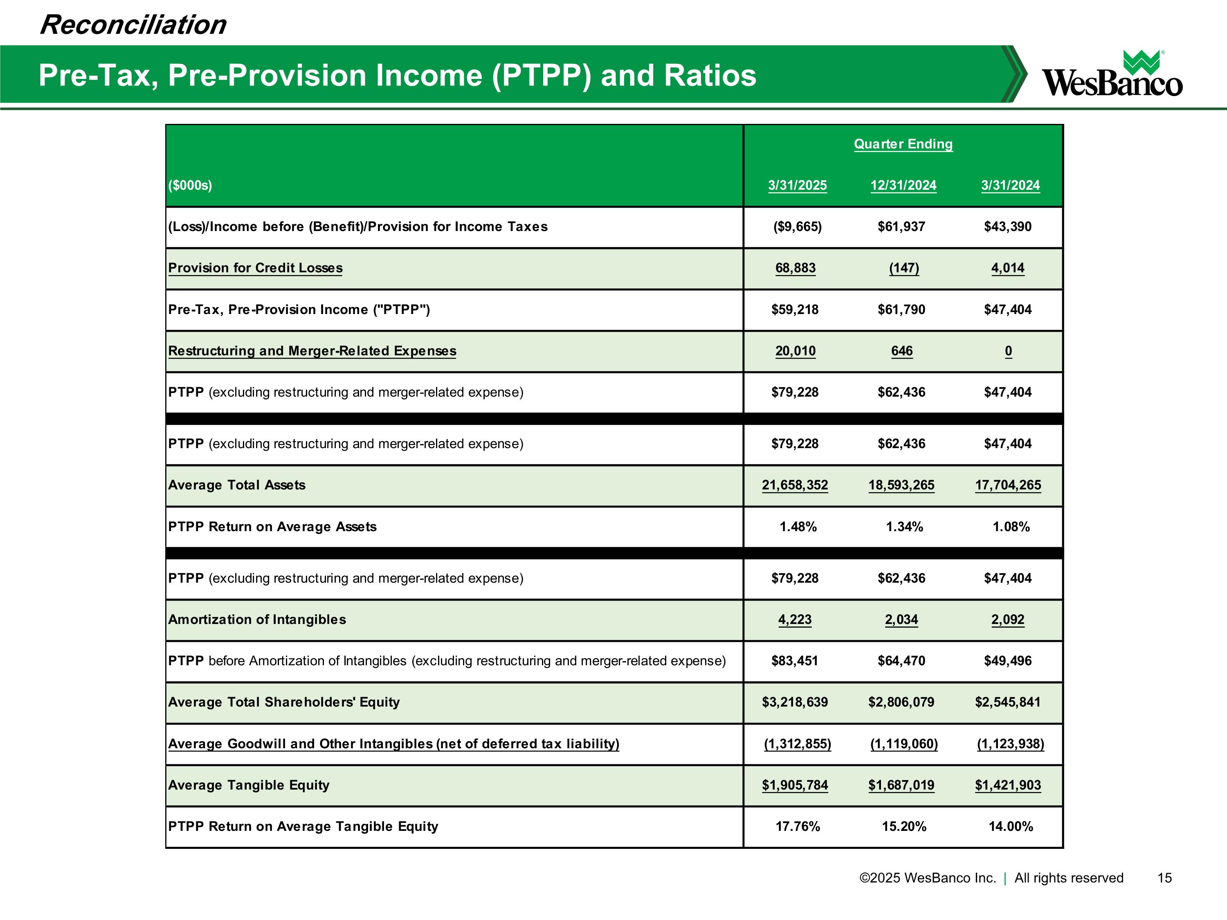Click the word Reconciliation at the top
click(x=133, y=25)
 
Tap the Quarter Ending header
click(x=903, y=144)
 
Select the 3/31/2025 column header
click(x=797, y=185)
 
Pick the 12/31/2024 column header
click(x=903, y=185)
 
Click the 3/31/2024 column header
click(x=1010, y=185)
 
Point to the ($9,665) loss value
click(x=797, y=227)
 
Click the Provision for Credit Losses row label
click(x=255, y=268)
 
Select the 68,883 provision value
click(x=796, y=268)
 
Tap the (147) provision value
click(x=903, y=268)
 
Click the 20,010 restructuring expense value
click(x=796, y=351)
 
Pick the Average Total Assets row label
click(x=237, y=485)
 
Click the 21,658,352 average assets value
click(x=795, y=485)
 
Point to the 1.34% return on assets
click(x=904, y=527)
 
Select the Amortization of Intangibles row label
click(x=257, y=619)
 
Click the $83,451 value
click(x=795, y=661)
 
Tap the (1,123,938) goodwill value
click(x=1010, y=744)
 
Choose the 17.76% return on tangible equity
click(x=798, y=827)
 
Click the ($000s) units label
click(x=190, y=185)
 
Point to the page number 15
click(x=1164, y=878)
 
